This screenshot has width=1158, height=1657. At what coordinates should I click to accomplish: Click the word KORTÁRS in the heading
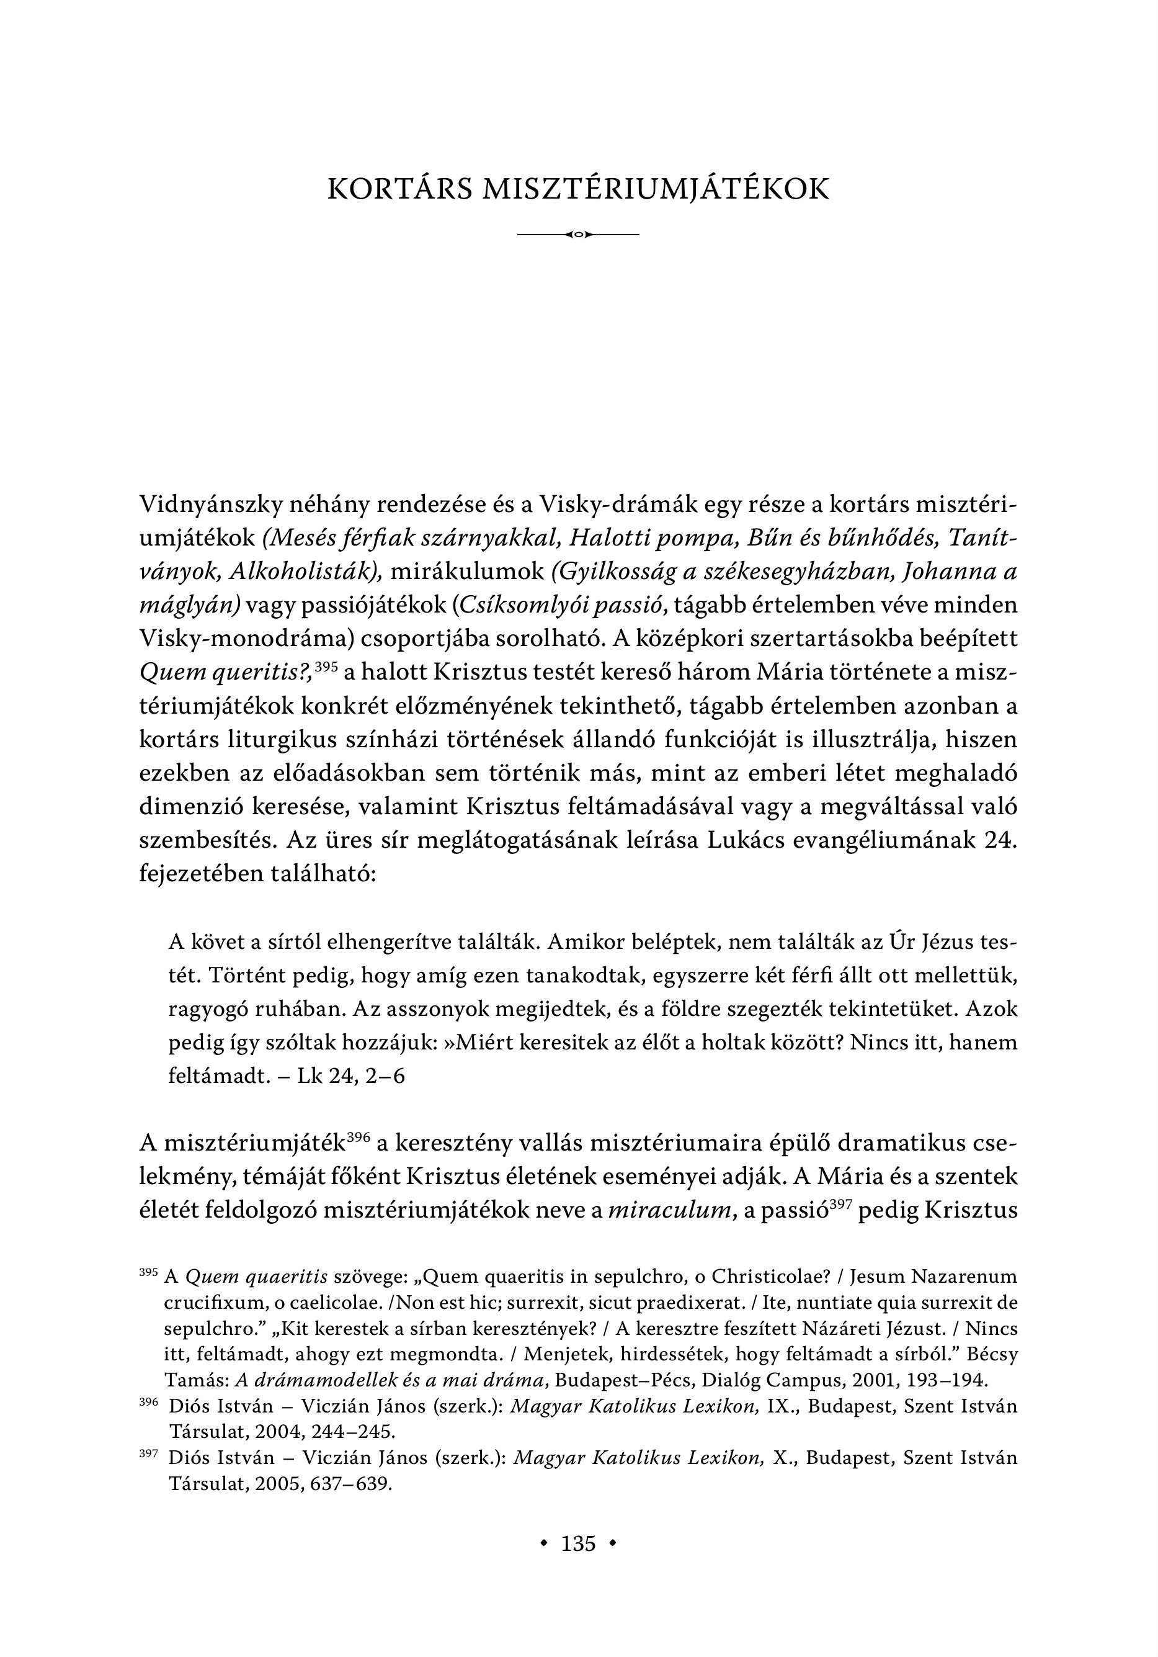tap(395, 189)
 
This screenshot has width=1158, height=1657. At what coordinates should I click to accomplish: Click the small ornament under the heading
tap(579, 235)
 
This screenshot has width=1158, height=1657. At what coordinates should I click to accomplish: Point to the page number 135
tap(579, 1543)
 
